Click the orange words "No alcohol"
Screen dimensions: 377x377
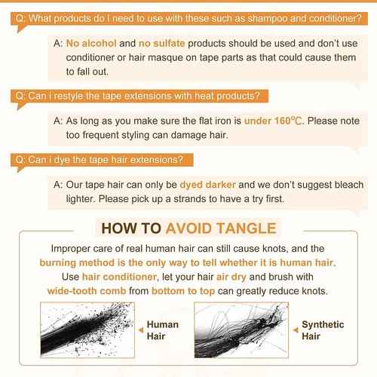pyautogui.click(x=91, y=44)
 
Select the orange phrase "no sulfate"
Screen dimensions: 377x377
pyautogui.click(x=162, y=44)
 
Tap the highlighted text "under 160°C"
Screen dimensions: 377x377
pyautogui.click(x=273, y=121)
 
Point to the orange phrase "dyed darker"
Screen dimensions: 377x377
pyautogui.click(x=208, y=185)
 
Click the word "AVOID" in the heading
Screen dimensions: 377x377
pyautogui.click(x=189, y=228)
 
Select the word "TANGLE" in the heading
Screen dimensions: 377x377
pyautogui.click(x=247, y=228)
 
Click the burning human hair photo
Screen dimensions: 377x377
pyautogui.click(x=87, y=329)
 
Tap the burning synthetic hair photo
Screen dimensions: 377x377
pyautogui.click(x=241, y=329)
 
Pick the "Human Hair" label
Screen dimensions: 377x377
pyautogui.click(x=163, y=330)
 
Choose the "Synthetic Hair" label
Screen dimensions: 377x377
pyautogui.click(x=323, y=330)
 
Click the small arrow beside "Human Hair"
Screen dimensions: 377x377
pyautogui.click(x=141, y=329)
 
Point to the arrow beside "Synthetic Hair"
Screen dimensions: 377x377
pyautogui.click(x=296, y=329)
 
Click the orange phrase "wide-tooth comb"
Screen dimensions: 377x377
pyautogui.click(x=87, y=291)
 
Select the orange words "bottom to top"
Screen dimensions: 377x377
pyautogui.click(x=183, y=291)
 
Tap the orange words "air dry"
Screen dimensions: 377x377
pyautogui.click(x=231, y=277)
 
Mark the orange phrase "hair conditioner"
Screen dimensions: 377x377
pyautogui.click(x=120, y=277)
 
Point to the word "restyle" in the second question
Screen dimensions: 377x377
pyautogui.click(x=68, y=97)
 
